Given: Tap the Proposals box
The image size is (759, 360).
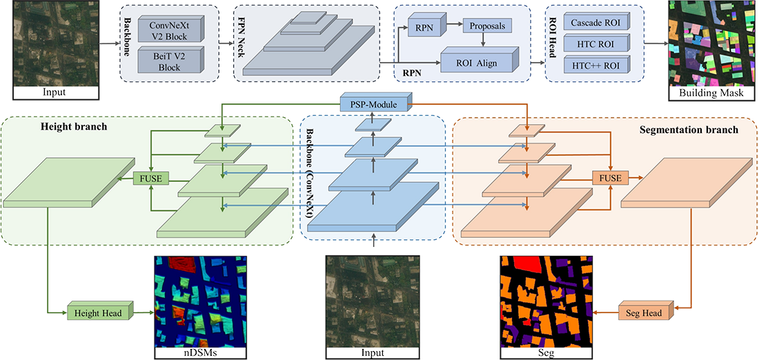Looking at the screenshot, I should coord(486,26).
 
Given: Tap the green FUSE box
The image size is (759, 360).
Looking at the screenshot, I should coord(150,178).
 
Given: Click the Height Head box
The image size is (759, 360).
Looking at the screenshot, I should coord(97,313).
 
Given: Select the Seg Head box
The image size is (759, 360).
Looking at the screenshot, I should coord(642,313).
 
